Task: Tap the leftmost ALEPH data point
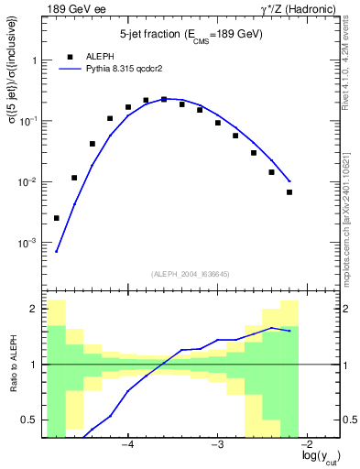coord(57,218)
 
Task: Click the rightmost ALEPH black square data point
coord(289,192)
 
